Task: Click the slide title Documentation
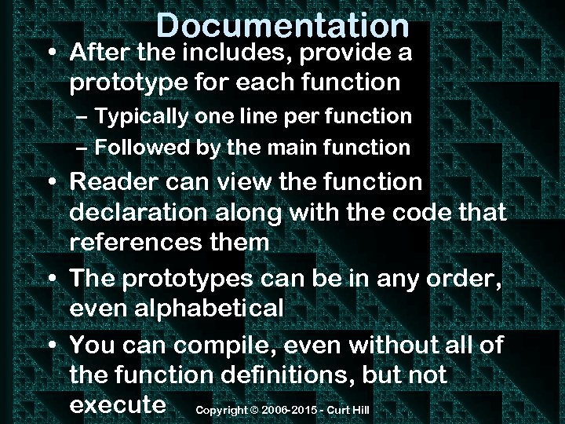coord(282,25)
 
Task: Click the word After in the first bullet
coord(100,53)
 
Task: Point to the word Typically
coord(142,117)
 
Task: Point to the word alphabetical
coord(177,309)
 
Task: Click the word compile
coord(218,344)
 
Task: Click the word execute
coord(118,404)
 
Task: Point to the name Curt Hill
coord(349,411)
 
